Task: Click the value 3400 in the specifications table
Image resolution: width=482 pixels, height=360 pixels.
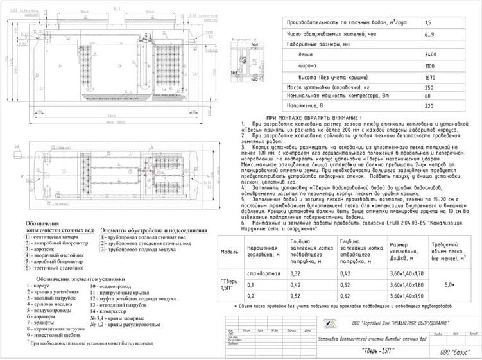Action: pos(431,55)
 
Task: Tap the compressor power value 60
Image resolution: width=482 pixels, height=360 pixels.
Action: pos(428,96)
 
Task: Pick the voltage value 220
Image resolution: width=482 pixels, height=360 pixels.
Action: pos(429,106)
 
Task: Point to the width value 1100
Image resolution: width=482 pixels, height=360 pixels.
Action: pos(431,65)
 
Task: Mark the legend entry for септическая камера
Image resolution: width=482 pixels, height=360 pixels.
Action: pos(52,219)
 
